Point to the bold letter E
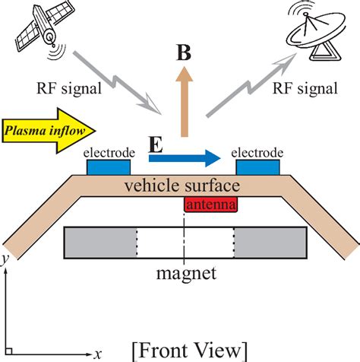[155, 144]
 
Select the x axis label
[98, 353]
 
